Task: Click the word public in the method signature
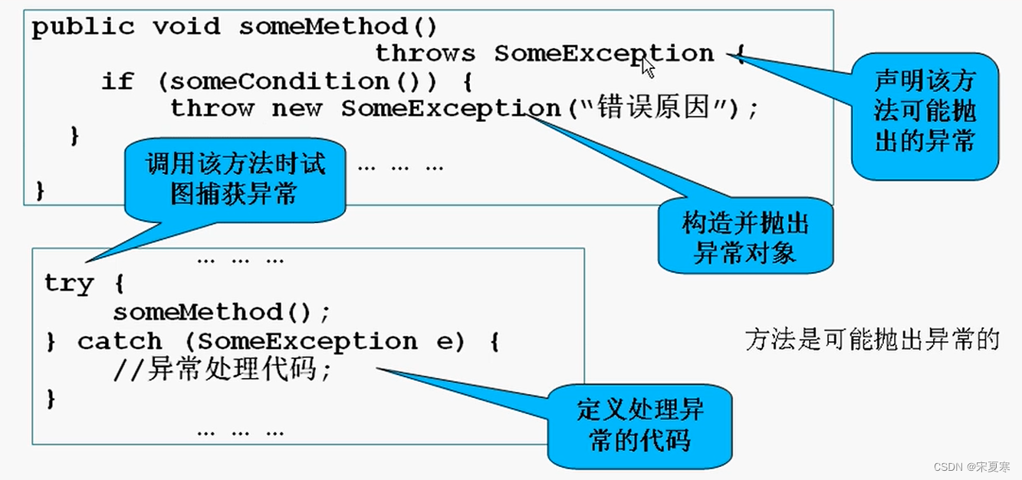click(x=82, y=28)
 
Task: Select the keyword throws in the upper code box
click(x=425, y=54)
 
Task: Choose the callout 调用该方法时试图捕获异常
click(x=235, y=178)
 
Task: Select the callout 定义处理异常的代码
click(x=639, y=426)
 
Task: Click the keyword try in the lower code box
click(x=69, y=284)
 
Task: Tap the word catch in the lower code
click(x=120, y=341)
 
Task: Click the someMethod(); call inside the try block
click(x=222, y=312)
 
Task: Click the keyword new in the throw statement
click(x=297, y=108)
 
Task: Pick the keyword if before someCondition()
click(x=117, y=81)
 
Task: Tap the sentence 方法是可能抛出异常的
click(x=872, y=340)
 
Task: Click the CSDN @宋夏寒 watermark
click(x=972, y=466)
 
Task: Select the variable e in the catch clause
click(x=446, y=341)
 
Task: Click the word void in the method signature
click(x=186, y=28)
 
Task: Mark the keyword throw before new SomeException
click(x=212, y=108)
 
